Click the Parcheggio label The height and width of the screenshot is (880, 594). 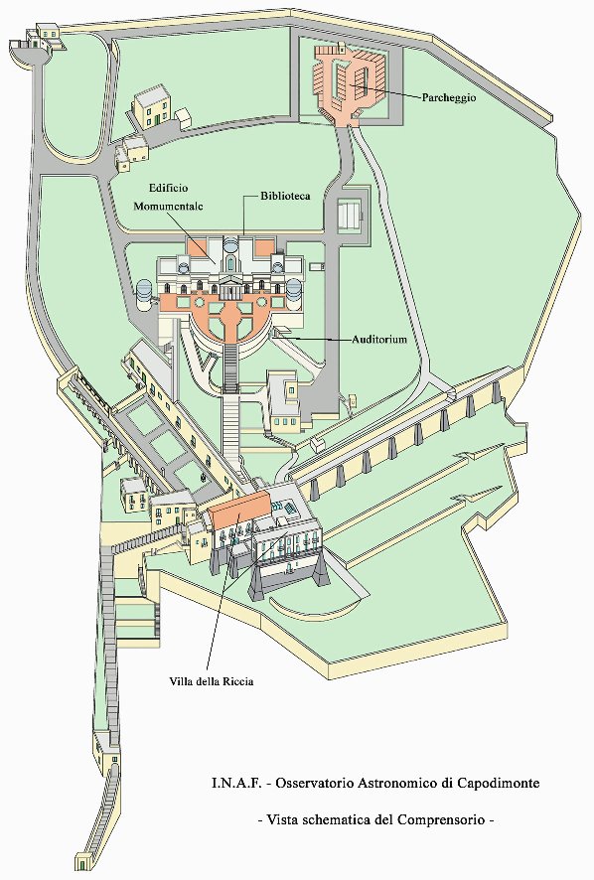[449, 98]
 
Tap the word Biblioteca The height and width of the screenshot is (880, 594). [285, 197]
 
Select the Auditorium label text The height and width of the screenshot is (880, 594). [379, 339]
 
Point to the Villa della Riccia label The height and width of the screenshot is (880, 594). [212, 681]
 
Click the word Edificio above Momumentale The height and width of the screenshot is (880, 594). [169, 188]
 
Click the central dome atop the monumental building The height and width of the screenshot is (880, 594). [230, 245]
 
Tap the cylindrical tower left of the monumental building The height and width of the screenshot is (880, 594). [144, 294]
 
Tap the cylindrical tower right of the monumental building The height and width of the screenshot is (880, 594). [295, 293]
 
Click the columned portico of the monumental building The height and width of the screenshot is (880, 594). [230, 287]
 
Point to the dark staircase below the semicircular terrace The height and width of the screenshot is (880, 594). [230, 367]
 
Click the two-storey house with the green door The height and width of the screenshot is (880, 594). [150, 106]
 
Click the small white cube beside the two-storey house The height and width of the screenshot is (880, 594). [183, 118]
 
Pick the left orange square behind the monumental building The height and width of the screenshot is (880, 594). [197, 248]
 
